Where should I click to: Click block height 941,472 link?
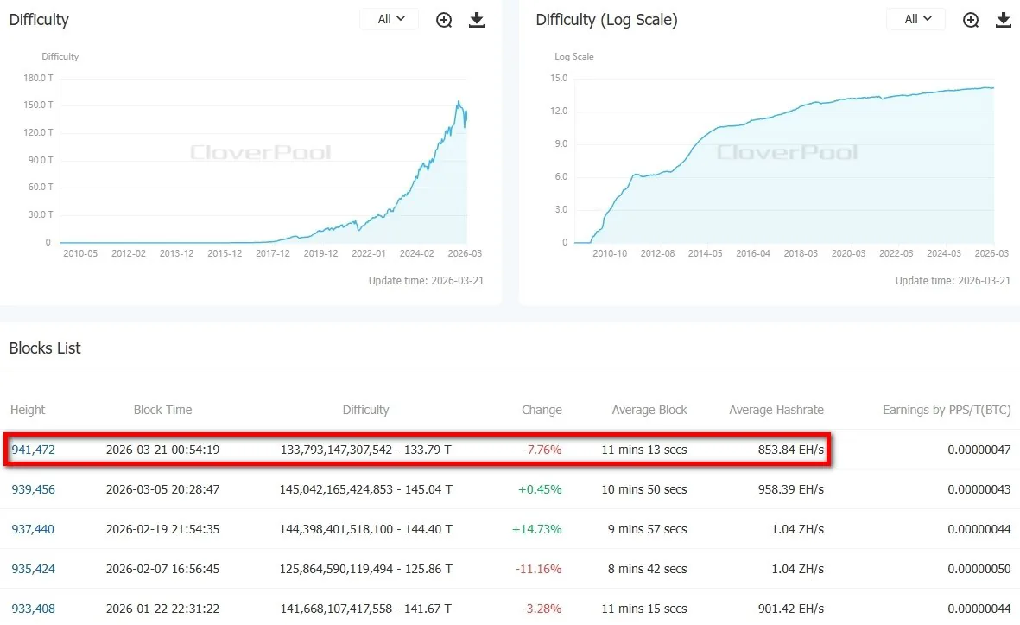click(34, 450)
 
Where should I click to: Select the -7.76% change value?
click(542, 450)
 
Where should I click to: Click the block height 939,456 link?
click(34, 489)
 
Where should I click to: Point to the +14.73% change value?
click(541, 529)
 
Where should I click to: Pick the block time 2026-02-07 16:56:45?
click(162, 569)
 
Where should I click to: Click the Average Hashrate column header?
click(776, 410)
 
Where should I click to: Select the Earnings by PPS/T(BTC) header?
click(946, 410)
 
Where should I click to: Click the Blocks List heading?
click(45, 348)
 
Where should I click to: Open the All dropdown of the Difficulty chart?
click(390, 19)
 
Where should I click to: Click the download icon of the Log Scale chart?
click(1003, 20)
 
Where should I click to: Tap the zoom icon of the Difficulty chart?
click(444, 20)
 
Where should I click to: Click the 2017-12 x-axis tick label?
click(273, 253)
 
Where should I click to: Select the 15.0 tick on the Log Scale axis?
click(558, 79)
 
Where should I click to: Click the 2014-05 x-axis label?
click(705, 253)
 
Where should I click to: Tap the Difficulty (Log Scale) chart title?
click(606, 20)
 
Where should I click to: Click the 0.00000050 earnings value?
click(979, 569)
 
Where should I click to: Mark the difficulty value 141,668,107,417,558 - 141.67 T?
click(365, 609)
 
